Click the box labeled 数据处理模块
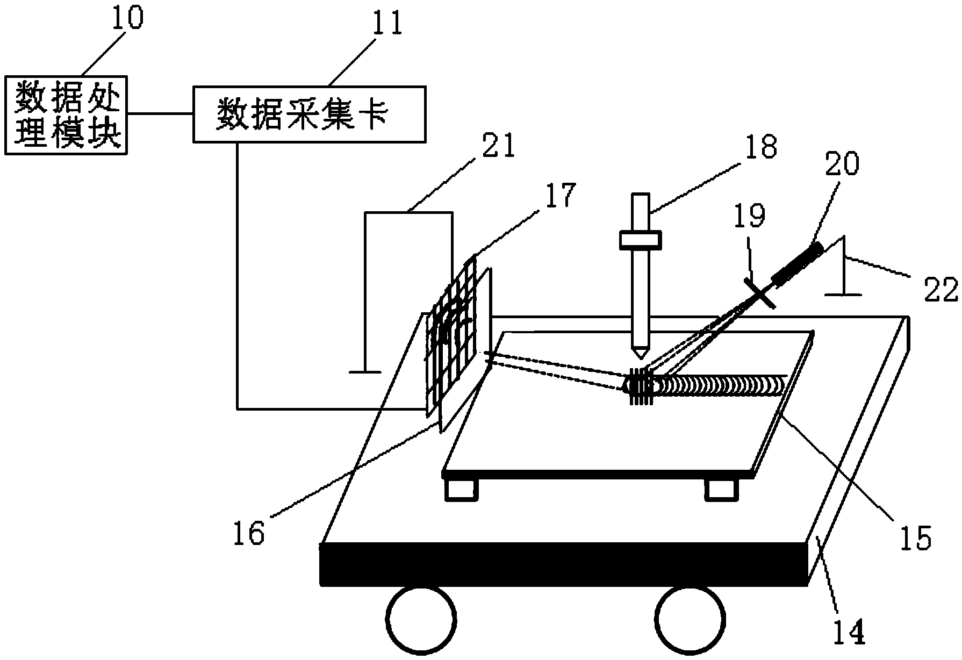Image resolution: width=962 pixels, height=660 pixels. coord(65,115)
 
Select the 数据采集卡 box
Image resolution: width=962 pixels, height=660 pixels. coord(309,114)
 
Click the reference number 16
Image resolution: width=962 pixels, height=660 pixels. coord(249,534)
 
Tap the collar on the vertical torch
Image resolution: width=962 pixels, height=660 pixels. coord(640,239)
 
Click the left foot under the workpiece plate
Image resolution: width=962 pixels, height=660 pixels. coord(461,489)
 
